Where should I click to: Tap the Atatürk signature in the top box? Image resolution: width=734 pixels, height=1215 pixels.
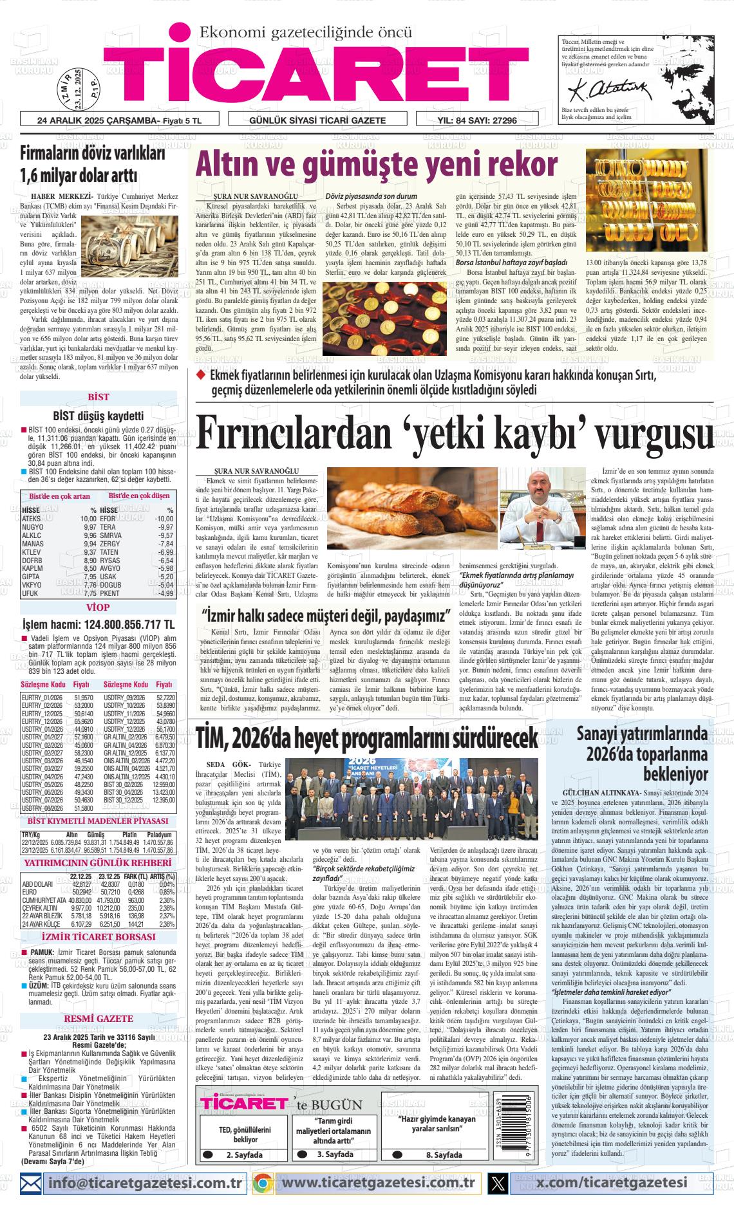click(596, 85)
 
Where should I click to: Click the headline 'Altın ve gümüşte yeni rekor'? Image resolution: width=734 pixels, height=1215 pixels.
click(376, 165)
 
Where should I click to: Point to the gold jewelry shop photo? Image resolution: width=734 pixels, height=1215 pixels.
click(646, 200)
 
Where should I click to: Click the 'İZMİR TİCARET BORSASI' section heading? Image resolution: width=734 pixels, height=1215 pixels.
click(98, 936)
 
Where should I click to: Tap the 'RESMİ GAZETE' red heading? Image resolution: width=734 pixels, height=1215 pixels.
click(99, 1019)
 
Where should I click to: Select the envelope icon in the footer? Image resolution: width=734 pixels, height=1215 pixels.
click(32, 1183)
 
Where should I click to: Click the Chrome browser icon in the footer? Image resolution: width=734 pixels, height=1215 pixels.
click(261, 1183)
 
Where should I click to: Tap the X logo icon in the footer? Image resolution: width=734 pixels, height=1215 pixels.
click(498, 1183)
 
